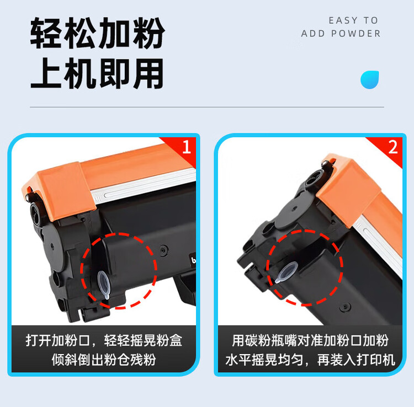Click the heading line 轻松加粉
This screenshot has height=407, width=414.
pyautogui.click(x=97, y=34)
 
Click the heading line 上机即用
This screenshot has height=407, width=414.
pyautogui.click(x=97, y=74)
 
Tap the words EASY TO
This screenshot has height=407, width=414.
pyautogui.click(x=353, y=20)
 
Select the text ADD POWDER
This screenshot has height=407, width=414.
pyautogui.click(x=341, y=34)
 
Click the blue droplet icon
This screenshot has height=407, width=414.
pyautogui.click(x=370, y=79)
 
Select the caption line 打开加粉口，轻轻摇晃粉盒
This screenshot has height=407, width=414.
pyautogui.click(x=104, y=340)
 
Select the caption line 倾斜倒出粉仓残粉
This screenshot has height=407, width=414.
pyautogui.click(x=104, y=360)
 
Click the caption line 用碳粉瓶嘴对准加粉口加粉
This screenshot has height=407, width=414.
pyautogui.click(x=310, y=340)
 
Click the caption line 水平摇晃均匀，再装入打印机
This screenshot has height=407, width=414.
pyautogui.click(x=310, y=360)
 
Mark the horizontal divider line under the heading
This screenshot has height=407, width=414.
pyautogui.click(x=206, y=107)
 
